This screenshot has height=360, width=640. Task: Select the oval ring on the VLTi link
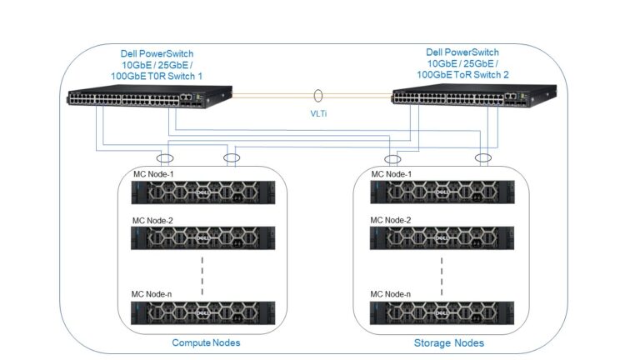(318, 97)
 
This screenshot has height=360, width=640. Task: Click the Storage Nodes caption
(448, 342)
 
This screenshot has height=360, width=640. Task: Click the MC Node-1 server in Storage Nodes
(443, 193)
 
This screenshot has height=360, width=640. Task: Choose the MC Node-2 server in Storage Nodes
(443, 238)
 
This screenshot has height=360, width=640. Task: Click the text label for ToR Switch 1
(157, 65)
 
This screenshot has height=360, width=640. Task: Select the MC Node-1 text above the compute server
(155, 174)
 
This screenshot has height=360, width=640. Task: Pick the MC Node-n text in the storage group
(391, 294)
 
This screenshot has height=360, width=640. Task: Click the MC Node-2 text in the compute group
(155, 220)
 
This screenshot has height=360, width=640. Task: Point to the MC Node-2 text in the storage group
(391, 220)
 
